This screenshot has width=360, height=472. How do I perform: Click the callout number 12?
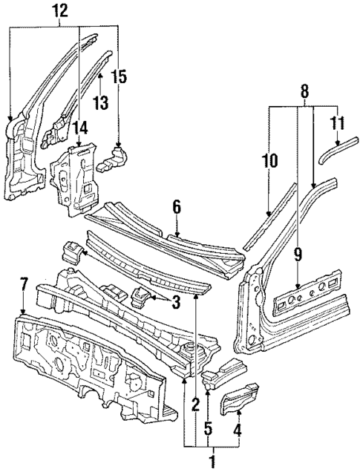60,10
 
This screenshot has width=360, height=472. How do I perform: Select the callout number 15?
120,76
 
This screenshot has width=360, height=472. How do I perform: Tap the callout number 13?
99,101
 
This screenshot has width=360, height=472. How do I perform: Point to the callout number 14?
79,128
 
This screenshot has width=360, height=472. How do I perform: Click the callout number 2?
195,404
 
